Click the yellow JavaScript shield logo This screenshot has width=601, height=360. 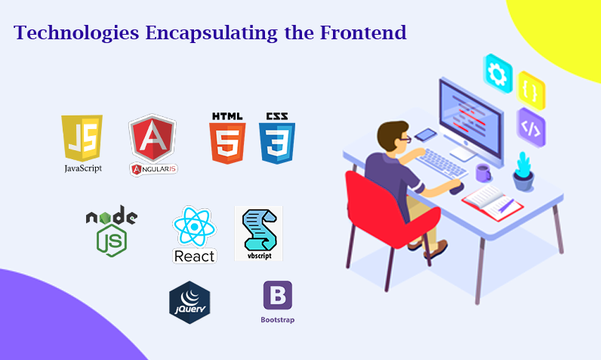[82, 138]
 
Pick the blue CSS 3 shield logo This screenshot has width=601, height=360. [277, 142]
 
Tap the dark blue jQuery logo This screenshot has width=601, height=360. [189, 302]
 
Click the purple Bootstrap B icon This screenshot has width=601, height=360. [277, 296]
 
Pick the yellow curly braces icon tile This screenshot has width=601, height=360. [531, 91]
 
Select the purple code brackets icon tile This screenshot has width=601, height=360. [531, 128]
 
